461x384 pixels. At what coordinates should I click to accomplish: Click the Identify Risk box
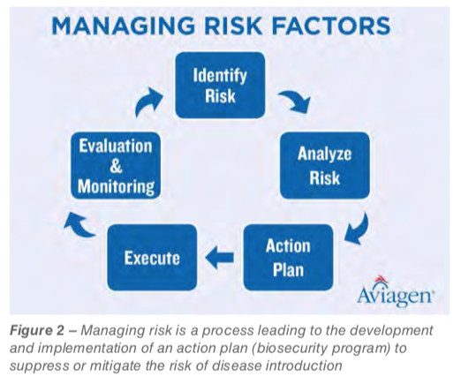[220, 86]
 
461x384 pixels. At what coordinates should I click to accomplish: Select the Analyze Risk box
[325, 165]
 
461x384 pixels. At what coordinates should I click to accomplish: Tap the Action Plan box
[288, 258]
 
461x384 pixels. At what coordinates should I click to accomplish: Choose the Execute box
[152, 258]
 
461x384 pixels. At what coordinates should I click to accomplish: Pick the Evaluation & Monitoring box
[116, 166]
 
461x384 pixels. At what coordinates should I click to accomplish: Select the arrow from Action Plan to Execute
[220, 258]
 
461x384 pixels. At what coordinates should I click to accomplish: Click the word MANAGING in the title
[123, 26]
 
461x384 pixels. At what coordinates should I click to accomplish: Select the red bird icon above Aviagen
[380, 280]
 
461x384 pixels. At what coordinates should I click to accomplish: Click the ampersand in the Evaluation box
[116, 166]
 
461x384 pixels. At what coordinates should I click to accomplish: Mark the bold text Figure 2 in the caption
[37, 330]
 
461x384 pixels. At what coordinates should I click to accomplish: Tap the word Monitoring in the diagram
[116, 186]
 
